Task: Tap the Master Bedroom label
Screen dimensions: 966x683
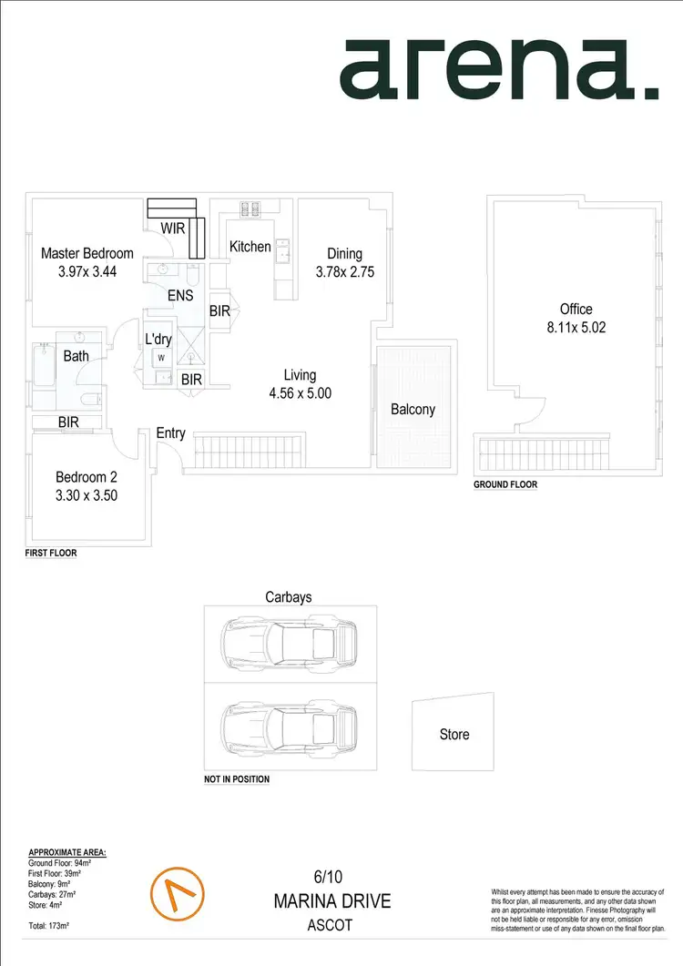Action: (x=87, y=254)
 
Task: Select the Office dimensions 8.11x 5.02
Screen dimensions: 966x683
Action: (x=576, y=327)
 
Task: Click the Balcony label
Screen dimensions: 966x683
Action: (x=413, y=410)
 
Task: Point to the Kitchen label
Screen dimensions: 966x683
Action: (x=250, y=247)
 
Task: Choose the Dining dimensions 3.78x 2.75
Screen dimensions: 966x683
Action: (x=345, y=271)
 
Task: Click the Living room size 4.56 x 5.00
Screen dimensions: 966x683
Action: (x=300, y=392)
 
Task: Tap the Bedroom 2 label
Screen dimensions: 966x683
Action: (x=87, y=477)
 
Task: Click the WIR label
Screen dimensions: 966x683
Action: (x=174, y=228)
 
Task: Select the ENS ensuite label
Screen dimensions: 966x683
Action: (x=179, y=296)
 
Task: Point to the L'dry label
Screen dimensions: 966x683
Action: (x=158, y=340)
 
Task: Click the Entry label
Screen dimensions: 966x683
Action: (x=170, y=433)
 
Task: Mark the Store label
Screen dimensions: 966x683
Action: (x=454, y=734)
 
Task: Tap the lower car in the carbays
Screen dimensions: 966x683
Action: (x=290, y=725)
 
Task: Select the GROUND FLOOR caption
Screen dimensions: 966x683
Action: (x=505, y=485)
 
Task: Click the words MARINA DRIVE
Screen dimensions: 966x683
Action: (x=331, y=901)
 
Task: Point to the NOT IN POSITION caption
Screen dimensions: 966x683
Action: (x=237, y=780)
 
